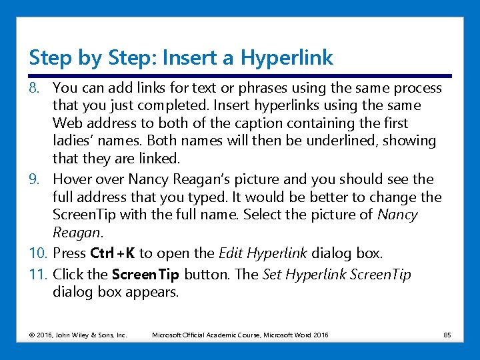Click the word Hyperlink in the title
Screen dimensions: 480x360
point(287,58)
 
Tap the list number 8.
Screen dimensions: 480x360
point(34,88)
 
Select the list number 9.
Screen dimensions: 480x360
point(34,179)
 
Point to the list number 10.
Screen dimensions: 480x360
point(38,253)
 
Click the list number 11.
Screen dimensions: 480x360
point(38,274)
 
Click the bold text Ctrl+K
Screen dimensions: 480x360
point(113,253)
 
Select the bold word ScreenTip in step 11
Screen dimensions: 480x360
point(145,275)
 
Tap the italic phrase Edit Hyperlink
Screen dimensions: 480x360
point(263,253)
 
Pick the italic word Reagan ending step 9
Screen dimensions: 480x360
point(76,233)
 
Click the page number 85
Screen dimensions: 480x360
point(447,335)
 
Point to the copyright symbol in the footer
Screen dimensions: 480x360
point(32,335)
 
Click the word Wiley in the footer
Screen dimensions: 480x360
point(80,335)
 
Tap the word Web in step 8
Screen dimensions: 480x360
point(67,123)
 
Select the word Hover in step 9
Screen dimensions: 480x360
point(72,179)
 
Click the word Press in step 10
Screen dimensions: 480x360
point(69,253)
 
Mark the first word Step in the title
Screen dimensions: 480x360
point(50,58)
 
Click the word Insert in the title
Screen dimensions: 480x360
point(189,57)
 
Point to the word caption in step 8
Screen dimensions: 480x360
point(259,124)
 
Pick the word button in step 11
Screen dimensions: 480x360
point(207,274)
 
